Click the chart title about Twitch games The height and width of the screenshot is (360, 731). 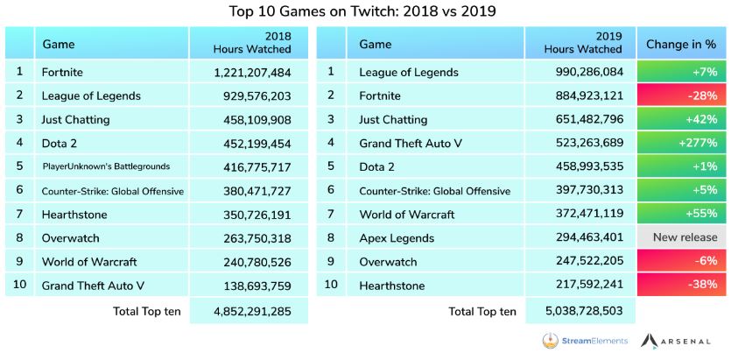point(366,11)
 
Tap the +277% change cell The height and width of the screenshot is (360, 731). point(680,143)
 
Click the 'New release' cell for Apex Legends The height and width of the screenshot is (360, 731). point(680,237)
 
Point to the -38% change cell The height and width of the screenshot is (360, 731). point(680,285)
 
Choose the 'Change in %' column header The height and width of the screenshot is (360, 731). point(680,44)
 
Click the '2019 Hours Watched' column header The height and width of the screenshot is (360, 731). point(580,43)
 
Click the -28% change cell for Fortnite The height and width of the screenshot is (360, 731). point(680,95)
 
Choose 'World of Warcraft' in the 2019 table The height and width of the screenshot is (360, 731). point(407,214)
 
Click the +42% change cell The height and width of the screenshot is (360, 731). point(680,119)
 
